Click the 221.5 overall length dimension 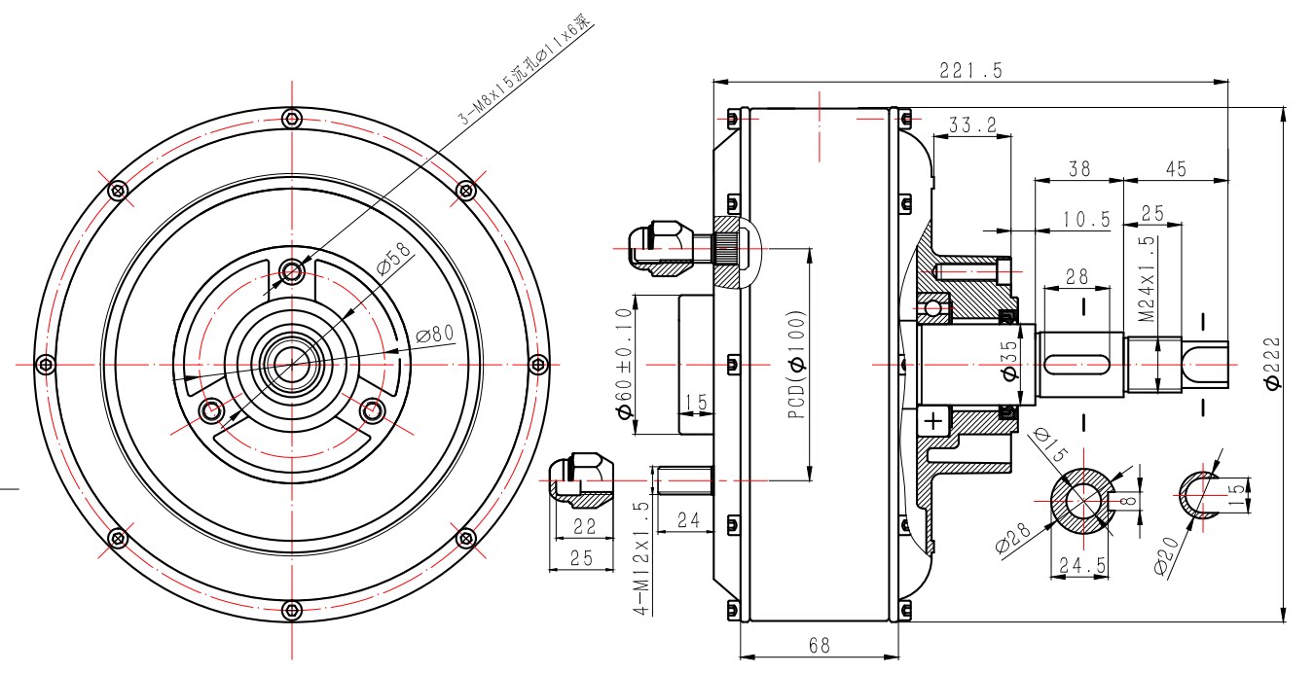tap(970, 70)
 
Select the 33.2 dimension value tap(972, 125)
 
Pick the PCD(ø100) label tap(797, 364)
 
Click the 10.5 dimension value tap(1086, 220)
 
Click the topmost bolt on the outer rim tap(291, 119)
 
